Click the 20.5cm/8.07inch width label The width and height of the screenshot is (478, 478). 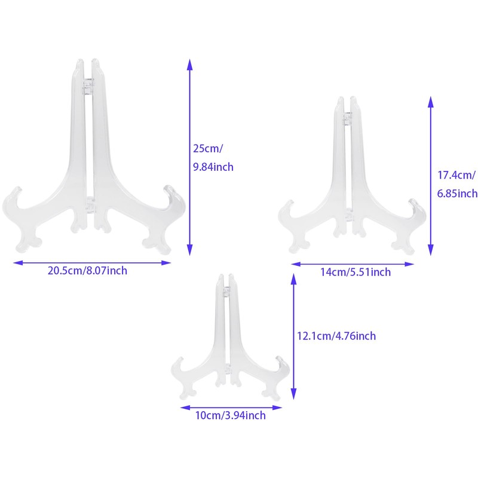87,271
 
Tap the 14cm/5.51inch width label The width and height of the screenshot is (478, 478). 356,272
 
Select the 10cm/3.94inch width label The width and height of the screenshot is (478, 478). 231,415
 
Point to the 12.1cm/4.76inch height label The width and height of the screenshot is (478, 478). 336,336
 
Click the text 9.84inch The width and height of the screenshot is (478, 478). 213,167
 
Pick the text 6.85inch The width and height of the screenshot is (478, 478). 457,193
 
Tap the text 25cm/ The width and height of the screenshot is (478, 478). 208,149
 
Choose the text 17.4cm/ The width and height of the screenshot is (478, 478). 456,175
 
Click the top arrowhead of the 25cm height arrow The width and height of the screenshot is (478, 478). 189,65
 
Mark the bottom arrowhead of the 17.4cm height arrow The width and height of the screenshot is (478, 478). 430,250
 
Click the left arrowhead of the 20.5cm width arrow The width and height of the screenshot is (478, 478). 19,263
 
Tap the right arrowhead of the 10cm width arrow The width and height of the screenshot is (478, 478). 277,407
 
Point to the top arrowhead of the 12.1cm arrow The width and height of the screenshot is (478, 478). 293,278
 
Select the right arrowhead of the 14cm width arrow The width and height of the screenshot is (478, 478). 409,264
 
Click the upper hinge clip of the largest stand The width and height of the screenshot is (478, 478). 88,86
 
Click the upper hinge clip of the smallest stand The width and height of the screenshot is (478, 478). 226,292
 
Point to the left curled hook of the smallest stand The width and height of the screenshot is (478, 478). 177,365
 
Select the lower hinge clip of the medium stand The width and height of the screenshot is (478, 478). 349,214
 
